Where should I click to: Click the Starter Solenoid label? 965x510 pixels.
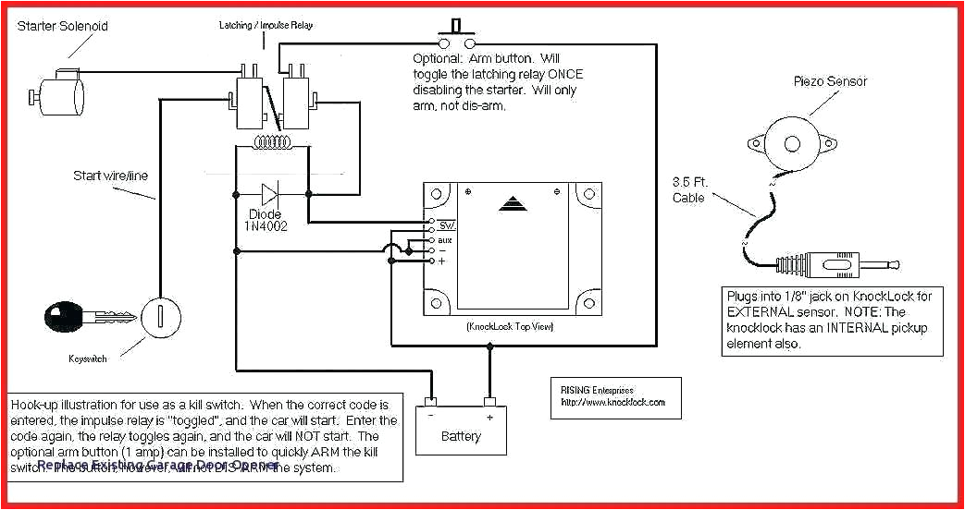click(x=62, y=26)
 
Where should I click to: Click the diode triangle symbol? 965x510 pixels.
click(x=269, y=195)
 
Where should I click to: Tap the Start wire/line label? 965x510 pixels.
click(x=110, y=176)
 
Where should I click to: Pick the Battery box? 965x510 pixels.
click(x=461, y=429)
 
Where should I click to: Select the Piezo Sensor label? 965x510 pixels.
click(x=830, y=81)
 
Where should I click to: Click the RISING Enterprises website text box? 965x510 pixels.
click(x=613, y=397)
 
